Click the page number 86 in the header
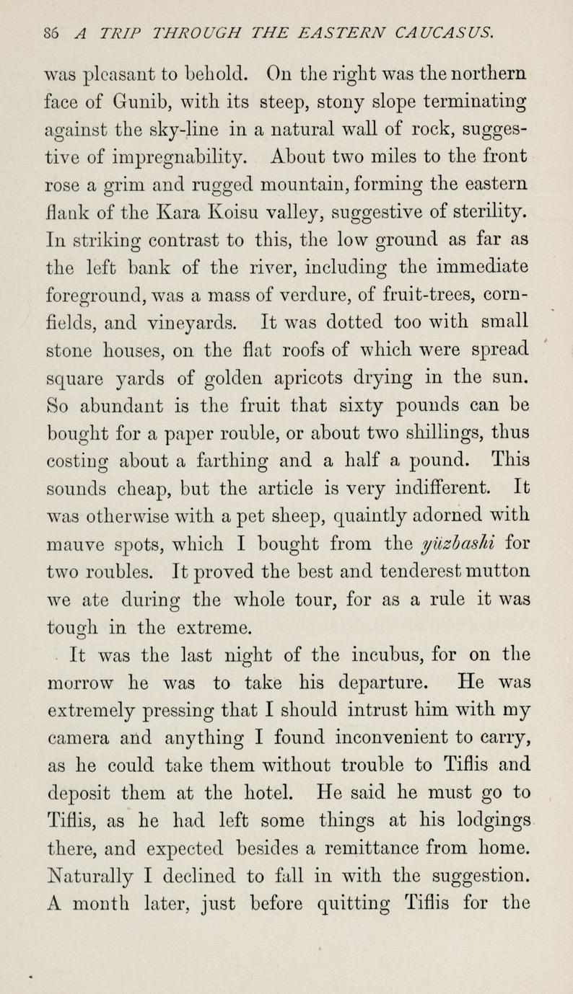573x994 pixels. coord(51,31)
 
